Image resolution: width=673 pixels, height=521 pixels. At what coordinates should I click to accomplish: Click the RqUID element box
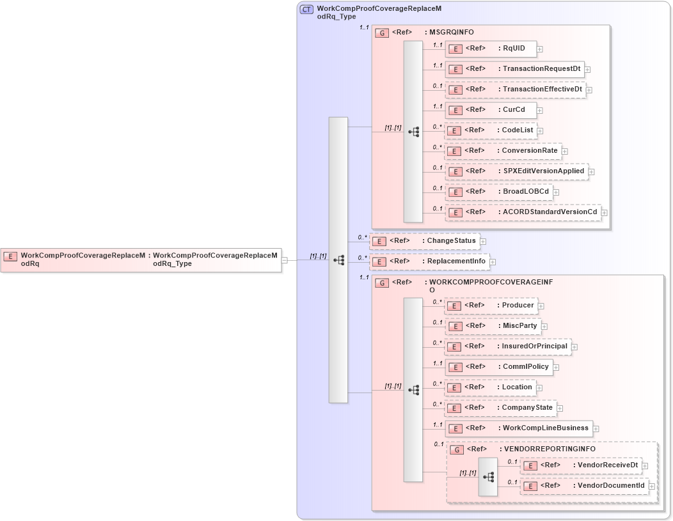coord(491,49)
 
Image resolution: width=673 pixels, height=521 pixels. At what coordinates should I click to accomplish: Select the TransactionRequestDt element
coord(515,69)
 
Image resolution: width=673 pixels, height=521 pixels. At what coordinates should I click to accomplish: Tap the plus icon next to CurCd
coord(540,111)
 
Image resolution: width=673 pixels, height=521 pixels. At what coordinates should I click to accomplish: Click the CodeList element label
coord(518,130)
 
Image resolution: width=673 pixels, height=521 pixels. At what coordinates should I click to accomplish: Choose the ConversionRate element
coord(503,152)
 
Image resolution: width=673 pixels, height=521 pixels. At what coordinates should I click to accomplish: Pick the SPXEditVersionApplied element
coord(516,171)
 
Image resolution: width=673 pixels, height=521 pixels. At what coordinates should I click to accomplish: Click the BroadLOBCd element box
coord(498,192)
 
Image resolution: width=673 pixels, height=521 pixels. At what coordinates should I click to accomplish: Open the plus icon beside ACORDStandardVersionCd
coord(604,213)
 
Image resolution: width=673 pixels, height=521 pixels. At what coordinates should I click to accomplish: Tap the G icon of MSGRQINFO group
coord(382,33)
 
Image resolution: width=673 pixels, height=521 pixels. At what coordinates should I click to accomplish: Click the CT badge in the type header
coord(306,10)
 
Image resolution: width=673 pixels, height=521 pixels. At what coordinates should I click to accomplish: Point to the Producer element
coord(491,306)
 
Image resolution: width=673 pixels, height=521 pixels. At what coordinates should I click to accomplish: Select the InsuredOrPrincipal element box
coord(508,346)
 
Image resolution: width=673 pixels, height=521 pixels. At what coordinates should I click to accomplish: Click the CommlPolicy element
coord(498,367)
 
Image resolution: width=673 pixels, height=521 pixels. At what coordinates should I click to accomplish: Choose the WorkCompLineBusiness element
coord(518,428)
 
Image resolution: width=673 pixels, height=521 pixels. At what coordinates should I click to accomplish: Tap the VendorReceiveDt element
coord(580,465)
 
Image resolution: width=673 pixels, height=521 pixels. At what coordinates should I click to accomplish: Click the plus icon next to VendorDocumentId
coord(652,486)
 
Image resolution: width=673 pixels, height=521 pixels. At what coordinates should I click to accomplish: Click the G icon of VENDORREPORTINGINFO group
coord(457,449)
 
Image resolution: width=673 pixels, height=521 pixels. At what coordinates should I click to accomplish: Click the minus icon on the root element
coord(284,260)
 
